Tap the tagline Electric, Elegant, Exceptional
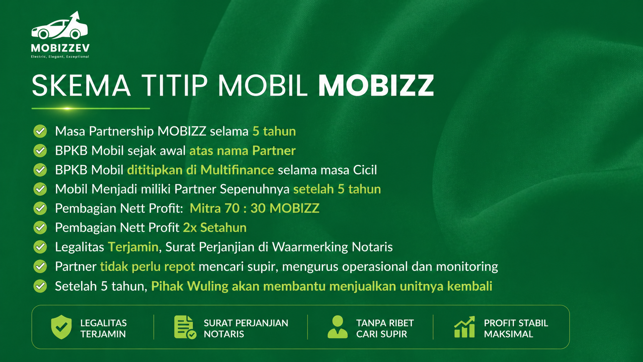click(60, 57)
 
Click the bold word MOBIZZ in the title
click(376, 85)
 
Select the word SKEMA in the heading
click(81, 85)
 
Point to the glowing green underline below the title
click(91, 108)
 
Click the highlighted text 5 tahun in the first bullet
click(274, 131)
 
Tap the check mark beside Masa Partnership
click(40, 131)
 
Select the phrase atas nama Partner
click(243, 151)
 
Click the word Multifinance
click(237, 170)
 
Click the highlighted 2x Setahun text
click(215, 228)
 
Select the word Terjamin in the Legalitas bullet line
click(133, 247)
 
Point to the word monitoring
click(467, 267)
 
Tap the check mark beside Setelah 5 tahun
click(40, 286)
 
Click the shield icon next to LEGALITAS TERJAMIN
click(61, 327)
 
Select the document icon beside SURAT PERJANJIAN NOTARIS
click(185, 327)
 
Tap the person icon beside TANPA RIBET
click(338, 327)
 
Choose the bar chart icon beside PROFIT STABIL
click(465, 327)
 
